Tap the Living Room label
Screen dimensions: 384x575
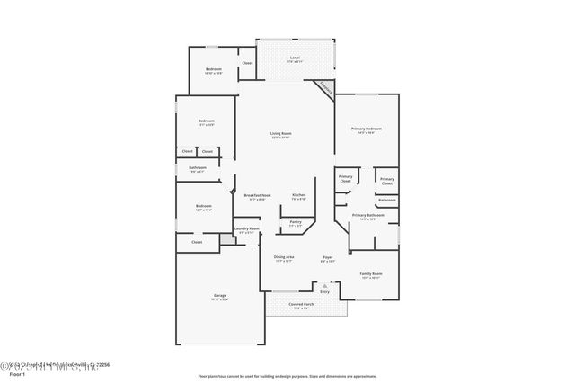[281, 134]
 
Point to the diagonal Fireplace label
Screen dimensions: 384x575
[324, 89]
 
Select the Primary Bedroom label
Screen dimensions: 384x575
[366, 129]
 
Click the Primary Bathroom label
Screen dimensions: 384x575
[367, 215]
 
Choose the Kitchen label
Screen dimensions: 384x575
[298, 195]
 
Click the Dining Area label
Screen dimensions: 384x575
[284, 257]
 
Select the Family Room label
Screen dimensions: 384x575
[371, 273]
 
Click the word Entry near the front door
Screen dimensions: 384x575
[325, 292]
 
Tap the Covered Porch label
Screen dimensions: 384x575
[301, 304]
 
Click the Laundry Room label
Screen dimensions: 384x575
[247, 228]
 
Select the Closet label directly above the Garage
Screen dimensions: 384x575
[197, 241]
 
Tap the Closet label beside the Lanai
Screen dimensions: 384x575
[247, 63]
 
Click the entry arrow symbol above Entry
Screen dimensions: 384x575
[325, 285]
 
